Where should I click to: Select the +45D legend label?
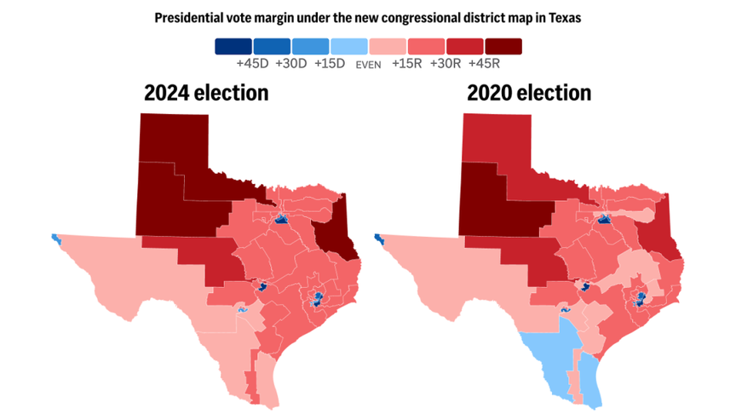click(251, 62)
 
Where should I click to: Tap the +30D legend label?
click(290, 62)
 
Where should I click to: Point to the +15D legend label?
click(329, 62)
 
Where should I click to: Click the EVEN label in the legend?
click(368, 63)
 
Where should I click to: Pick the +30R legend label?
click(446, 62)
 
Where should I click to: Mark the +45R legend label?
click(486, 62)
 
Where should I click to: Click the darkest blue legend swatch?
click(233, 46)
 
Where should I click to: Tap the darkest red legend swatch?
click(503, 46)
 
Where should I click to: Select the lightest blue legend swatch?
click(348, 46)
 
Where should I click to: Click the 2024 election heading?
click(206, 92)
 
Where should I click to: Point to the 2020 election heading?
click(529, 92)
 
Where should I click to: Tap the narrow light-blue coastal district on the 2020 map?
click(590, 375)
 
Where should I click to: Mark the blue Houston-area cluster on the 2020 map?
click(638, 299)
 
